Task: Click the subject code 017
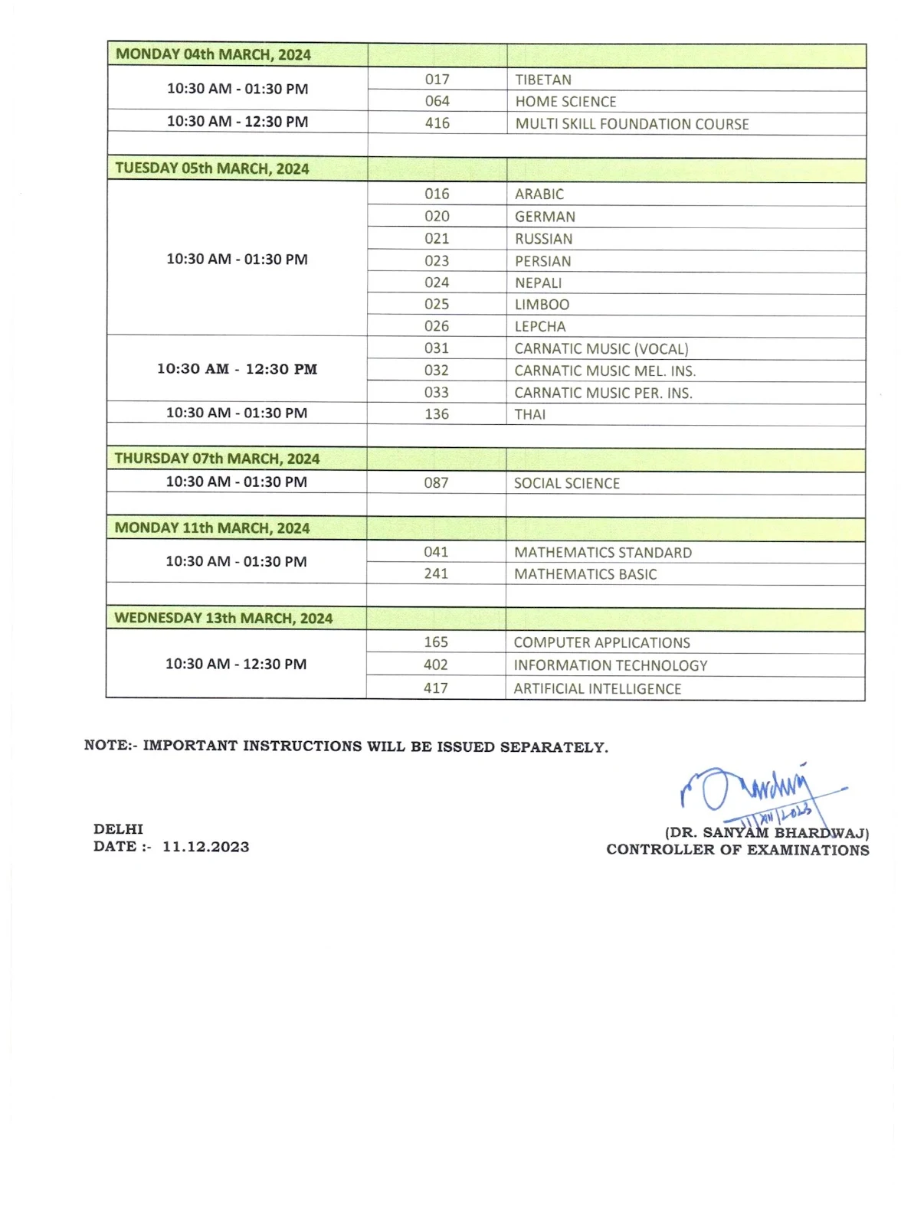point(437,80)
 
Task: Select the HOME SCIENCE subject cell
point(565,102)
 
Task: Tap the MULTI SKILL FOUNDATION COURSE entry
point(631,124)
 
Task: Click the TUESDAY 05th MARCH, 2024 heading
point(212,168)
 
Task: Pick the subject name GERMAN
point(545,217)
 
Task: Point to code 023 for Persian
point(437,261)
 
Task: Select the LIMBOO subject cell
point(542,305)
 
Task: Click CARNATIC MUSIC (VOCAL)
point(601,349)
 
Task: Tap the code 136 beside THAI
point(437,414)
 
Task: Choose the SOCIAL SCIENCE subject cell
point(566,483)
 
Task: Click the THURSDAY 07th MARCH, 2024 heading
point(217,459)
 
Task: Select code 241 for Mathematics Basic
point(436,573)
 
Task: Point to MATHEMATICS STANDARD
point(602,553)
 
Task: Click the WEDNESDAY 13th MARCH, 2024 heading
point(223,618)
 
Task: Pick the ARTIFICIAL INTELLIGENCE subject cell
point(597,688)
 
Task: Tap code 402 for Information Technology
point(436,665)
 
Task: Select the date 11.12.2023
point(205,847)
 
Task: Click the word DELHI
point(118,829)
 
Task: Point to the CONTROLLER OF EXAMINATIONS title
point(737,850)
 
